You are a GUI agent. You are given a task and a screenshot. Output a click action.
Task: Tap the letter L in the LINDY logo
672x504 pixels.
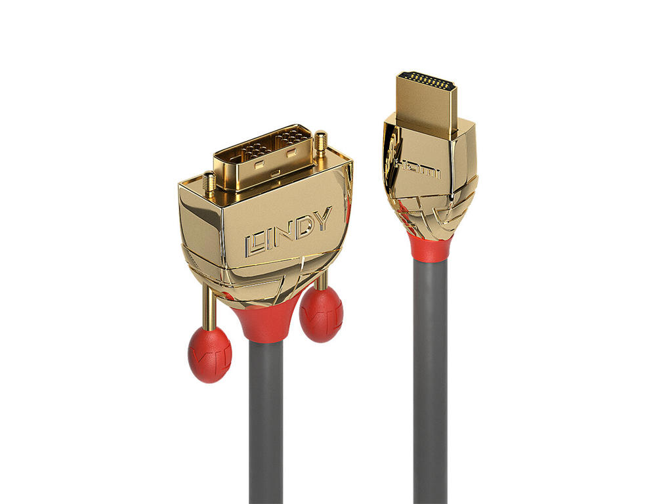[x=255, y=244]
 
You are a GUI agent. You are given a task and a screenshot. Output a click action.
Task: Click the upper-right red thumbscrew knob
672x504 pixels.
[x=321, y=313]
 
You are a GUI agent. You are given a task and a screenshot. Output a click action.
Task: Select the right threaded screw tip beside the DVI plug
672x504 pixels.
[x=322, y=141]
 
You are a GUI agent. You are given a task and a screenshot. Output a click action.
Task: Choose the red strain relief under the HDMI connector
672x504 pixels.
[x=430, y=246]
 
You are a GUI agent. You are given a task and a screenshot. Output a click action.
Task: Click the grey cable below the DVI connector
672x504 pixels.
[x=266, y=427]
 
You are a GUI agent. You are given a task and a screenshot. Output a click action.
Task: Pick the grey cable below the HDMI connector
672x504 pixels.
[x=430, y=381]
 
